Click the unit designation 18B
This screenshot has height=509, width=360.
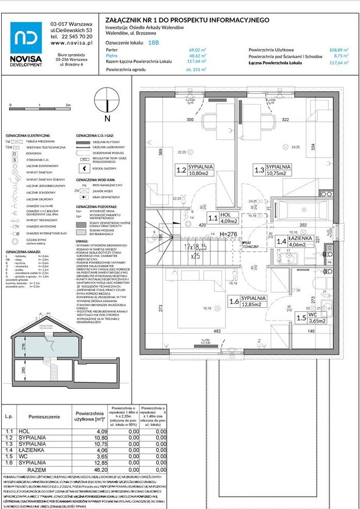(153, 42)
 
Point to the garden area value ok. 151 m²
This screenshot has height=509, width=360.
(196, 69)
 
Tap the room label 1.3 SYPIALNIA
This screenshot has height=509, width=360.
(272, 171)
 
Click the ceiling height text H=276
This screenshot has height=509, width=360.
(228, 234)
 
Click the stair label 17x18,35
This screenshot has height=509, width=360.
(195, 247)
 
